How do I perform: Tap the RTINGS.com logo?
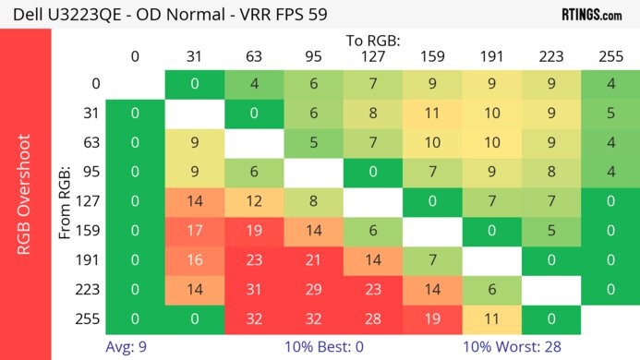pos(591,15)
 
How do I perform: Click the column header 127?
pos(373,56)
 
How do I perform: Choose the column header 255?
pos(611,56)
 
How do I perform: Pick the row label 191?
pos(89,260)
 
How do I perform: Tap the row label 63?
pos(89,143)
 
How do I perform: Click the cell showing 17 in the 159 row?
pos(195,232)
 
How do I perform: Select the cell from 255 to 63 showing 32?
pos(254,318)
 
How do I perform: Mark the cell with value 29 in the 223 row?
pos(313,290)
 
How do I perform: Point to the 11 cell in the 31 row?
pos(432,114)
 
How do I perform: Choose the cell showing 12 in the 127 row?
pos(254,202)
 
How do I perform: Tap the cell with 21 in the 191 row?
pos(313,260)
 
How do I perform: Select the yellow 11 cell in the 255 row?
pos(492,318)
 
